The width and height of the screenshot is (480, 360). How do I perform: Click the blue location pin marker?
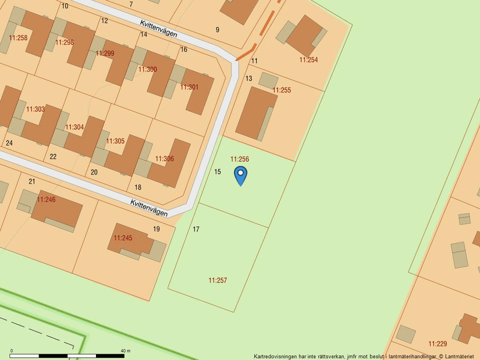[x=240, y=174]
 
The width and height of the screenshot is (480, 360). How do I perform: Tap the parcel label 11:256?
[x=240, y=159]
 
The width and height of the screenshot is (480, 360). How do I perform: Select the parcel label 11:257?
[x=218, y=280]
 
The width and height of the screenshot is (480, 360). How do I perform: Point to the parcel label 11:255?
[x=282, y=90]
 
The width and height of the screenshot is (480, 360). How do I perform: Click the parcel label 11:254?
[x=308, y=60]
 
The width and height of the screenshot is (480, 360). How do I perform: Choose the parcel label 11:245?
[x=123, y=238]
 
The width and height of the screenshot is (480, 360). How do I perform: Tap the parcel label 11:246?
[x=46, y=199]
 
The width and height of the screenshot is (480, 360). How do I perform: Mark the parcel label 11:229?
[x=438, y=344]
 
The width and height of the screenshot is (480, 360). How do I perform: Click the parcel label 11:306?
[x=164, y=159]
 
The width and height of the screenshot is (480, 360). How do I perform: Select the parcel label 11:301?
[x=189, y=87]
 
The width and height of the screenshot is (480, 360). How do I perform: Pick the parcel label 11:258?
[x=18, y=38]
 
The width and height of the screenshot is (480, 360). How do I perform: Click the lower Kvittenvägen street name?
[x=149, y=208]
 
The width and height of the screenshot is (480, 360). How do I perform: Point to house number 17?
[x=196, y=230]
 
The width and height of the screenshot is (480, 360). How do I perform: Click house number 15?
[x=218, y=172]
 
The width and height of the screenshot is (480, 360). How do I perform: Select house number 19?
[x=157, y=229]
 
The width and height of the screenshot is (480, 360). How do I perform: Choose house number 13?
[x=248, y=79]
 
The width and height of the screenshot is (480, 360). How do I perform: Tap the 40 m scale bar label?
[x=125, y=351]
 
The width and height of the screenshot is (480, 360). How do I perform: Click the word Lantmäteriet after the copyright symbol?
[x=460, y=357]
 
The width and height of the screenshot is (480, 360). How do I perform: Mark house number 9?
[x=218, y=30]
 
